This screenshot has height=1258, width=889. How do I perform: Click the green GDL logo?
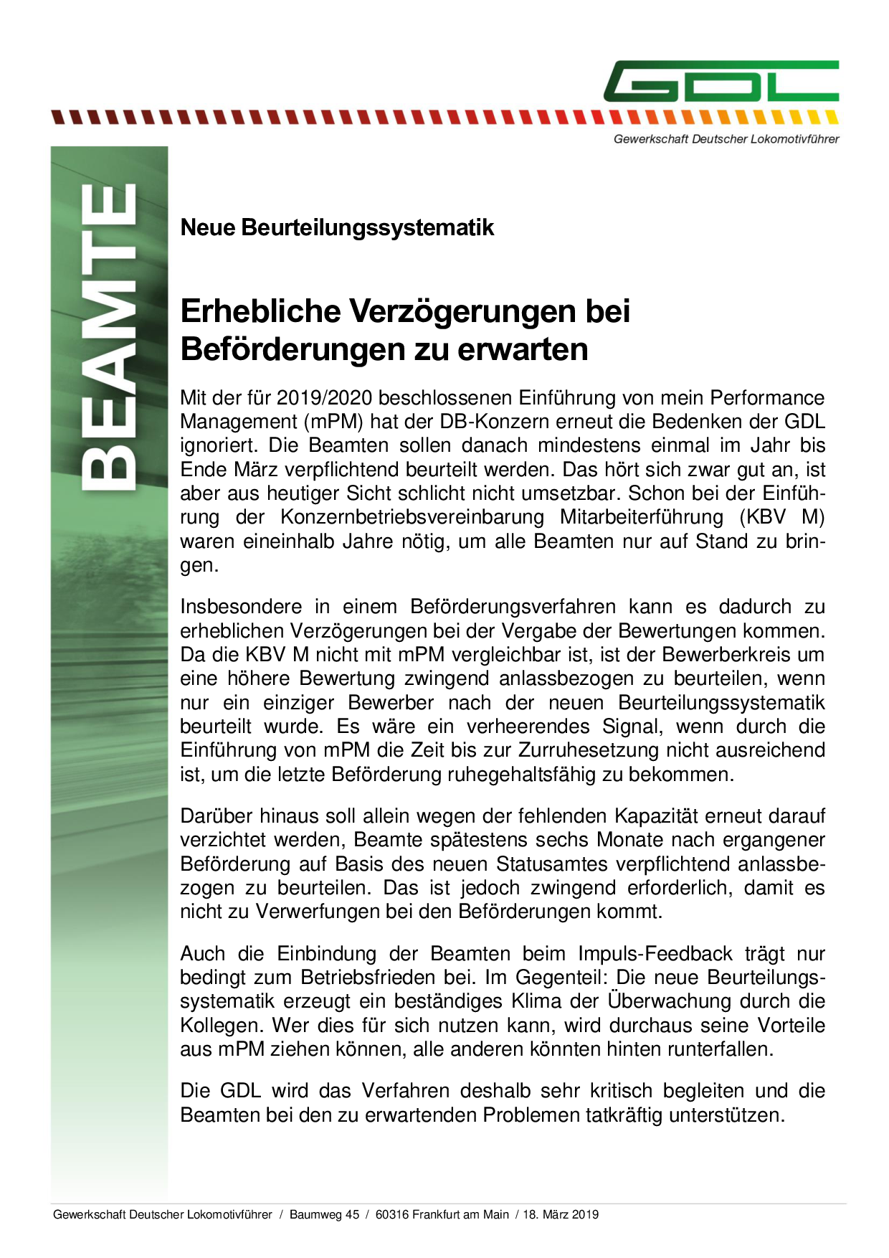coord(721,81)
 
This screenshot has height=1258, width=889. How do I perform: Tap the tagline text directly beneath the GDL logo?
coord(726,139)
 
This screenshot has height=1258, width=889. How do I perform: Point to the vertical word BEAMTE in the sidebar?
coord(110,337)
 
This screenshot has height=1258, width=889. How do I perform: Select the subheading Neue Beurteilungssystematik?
coord(337,227)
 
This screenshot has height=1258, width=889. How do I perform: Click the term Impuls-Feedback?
coord(655,954)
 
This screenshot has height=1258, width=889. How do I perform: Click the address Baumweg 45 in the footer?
coord(324,1214)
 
